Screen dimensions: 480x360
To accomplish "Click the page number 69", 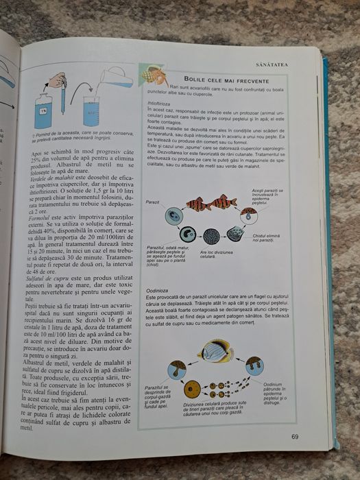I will [294, 436].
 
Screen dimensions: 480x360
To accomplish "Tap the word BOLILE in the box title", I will [198, 79].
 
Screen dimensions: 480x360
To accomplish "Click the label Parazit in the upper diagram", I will [153, 203].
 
